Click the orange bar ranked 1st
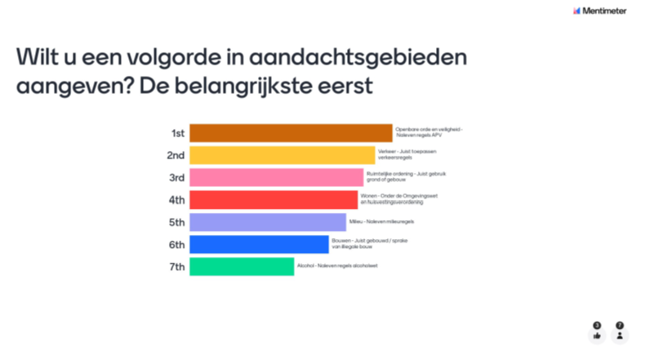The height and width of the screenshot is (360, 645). click(x=291, y=133)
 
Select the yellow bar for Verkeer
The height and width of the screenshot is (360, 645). click(x=282, y=155)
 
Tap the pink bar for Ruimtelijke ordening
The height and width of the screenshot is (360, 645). click(x=276, y=177)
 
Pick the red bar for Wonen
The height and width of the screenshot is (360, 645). click(x=274, y=199)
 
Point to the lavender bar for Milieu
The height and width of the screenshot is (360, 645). click(x=268, y=222)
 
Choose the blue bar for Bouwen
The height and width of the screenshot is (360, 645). click(x=259, y=244)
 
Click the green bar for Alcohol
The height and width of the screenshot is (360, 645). click(x=242, y=266)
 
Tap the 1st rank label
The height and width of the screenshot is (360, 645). click(x=177, y=133)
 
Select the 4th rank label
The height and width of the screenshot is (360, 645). click(x=176, y=199)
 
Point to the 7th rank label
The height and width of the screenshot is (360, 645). click(x=176, y=266)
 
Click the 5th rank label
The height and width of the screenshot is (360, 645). click(x=176, y=222)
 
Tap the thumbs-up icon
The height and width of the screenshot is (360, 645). click(x=597, y=335)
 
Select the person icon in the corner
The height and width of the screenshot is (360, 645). click(x=620, y=335)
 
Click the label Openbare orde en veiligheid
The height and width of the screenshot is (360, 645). click(x=429, y=130)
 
